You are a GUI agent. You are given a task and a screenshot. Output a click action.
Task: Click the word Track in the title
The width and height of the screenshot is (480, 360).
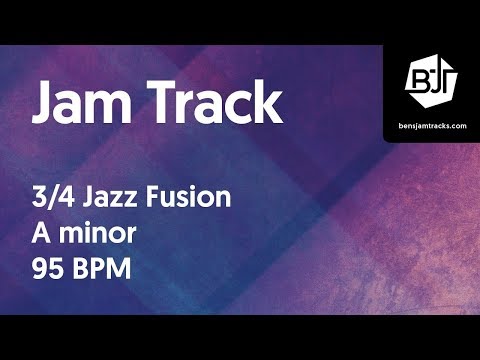pos(211,104)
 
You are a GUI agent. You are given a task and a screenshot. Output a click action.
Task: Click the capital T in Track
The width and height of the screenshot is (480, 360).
pos(156,104)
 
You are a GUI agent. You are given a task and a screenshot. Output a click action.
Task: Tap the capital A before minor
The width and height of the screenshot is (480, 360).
pos(43,235)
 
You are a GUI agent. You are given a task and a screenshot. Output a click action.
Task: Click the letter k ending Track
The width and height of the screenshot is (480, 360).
pos(268,104)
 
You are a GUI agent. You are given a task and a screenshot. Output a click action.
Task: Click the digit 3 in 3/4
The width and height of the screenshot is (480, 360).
pos(39,197)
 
